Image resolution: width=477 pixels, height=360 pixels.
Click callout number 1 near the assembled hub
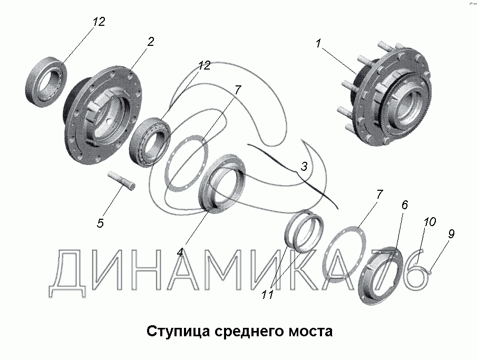point(318,44)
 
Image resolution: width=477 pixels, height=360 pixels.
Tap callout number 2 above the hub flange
point(151,42)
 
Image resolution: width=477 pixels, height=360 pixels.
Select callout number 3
point(304,166)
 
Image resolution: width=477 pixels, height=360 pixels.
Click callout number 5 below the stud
point(100,223)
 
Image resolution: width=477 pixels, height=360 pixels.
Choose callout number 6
point(404,205)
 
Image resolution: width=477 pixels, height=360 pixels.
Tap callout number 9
point(451,234)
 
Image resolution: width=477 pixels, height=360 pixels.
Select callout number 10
point(430,221)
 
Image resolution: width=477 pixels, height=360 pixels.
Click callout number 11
point(268,294)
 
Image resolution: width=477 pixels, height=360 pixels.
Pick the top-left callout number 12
point(99,22)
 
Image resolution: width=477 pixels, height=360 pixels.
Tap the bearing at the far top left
point(46,82)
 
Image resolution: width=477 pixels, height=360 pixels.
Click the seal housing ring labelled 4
point(221,182)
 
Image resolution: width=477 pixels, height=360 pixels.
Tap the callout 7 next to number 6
point(379,194)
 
